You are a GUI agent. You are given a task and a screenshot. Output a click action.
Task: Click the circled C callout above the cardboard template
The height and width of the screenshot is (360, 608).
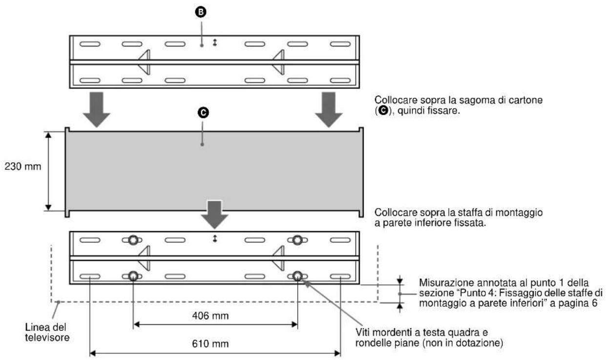point(202,113)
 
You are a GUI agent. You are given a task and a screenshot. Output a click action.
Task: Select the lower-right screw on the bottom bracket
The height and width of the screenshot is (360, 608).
point(297,276)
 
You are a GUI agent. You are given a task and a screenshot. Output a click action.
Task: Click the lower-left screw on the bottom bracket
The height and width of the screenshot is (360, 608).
point(133,276)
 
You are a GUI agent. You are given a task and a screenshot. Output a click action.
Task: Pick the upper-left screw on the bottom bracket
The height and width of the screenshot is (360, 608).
point(133,240)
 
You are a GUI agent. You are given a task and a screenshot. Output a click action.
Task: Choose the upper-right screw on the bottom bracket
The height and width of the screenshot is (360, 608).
point(297,240)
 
